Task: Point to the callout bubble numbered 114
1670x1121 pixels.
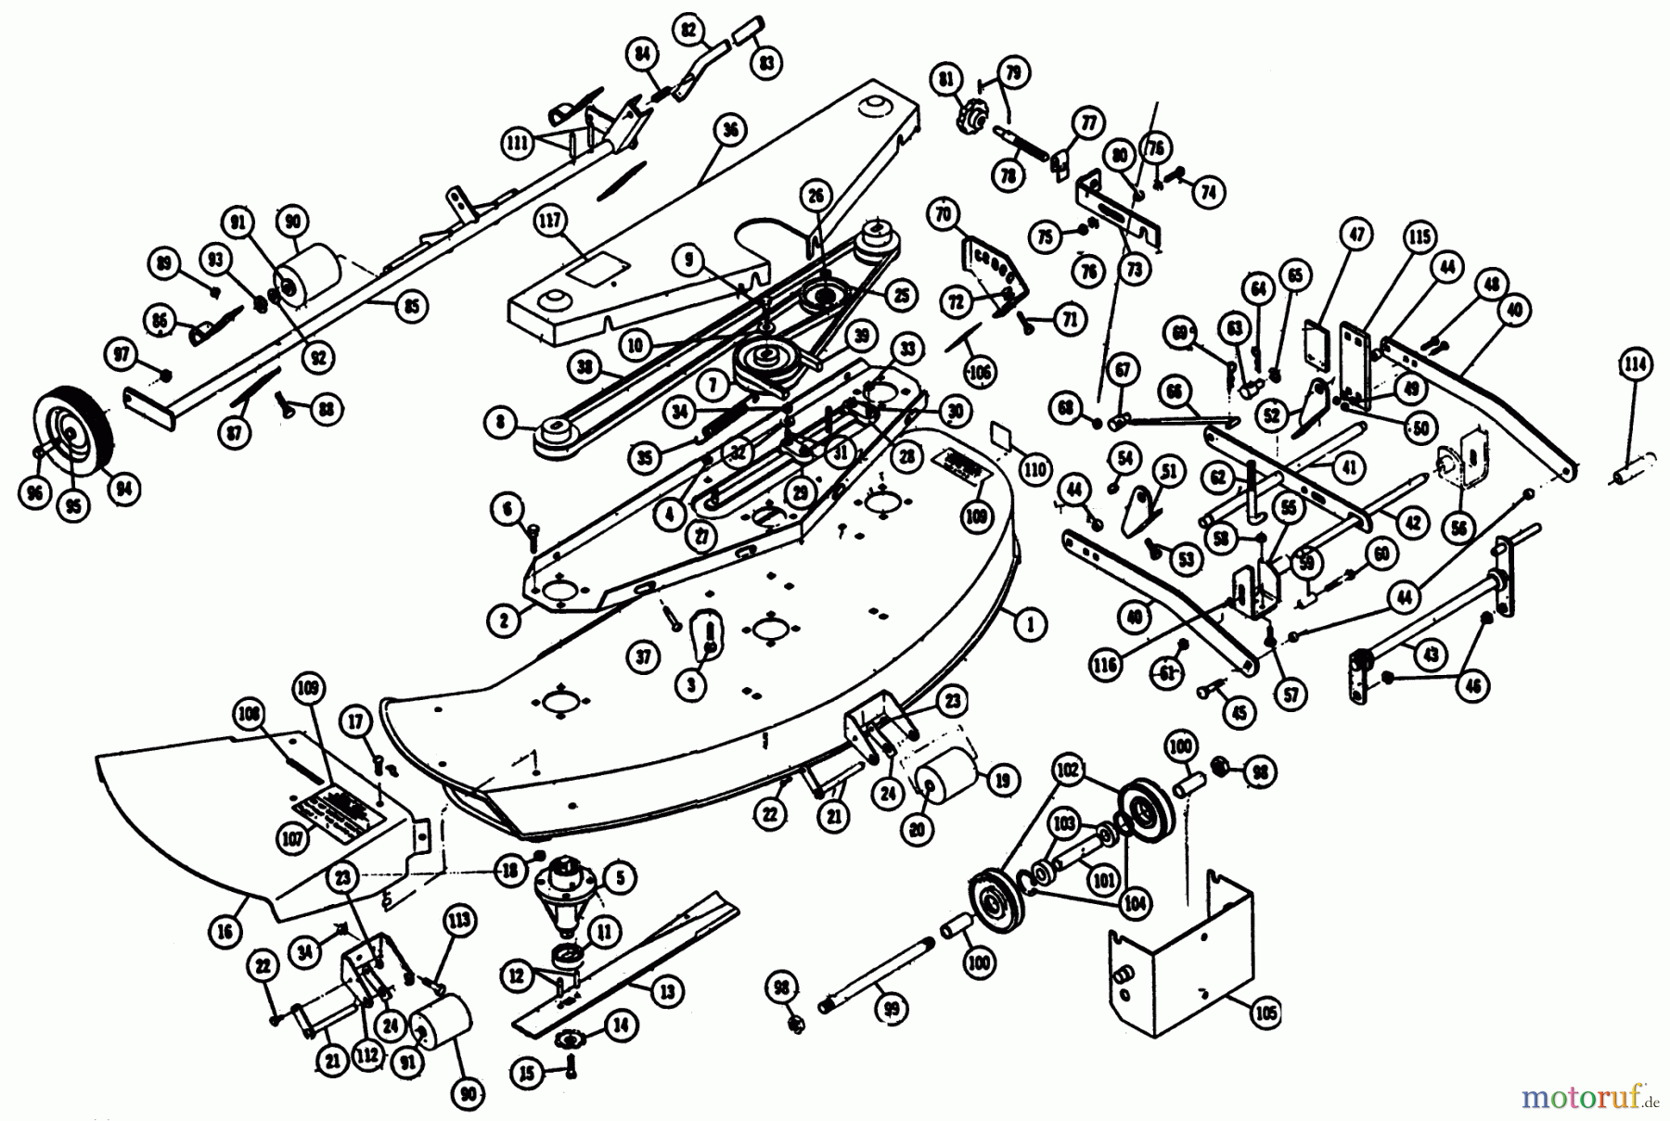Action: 1638,364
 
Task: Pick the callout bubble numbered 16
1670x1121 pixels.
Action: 225,932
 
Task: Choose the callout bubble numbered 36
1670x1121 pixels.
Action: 731,131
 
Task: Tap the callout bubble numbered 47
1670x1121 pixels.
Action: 1357,235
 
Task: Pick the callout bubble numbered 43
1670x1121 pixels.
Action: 1432,654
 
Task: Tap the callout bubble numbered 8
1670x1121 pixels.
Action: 501,425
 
